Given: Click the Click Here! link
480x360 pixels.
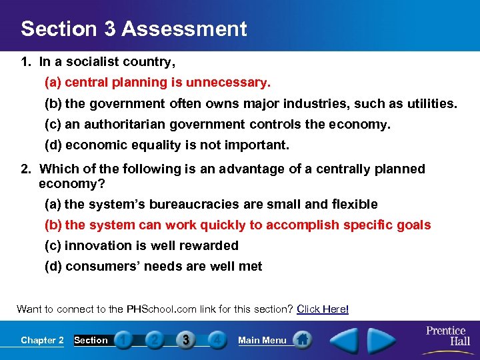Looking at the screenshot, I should tap(323, 309).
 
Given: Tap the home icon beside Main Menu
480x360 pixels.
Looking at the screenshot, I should tap(302, 340).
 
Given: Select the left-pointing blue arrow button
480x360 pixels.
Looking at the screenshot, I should tap(345, 339).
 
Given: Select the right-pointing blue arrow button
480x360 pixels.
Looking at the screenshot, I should tap(381, 339).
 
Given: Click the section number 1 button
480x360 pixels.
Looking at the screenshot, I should tap(123, 340).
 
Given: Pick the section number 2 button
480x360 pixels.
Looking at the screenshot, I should tap(155, 340).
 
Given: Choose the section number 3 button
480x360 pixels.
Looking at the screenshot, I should tap(186, 340).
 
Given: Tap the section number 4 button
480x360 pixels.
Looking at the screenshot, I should tap(217, 340).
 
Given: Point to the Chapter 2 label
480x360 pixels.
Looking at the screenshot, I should tap(42, 340).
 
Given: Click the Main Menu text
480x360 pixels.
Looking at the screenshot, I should tap(262, 340).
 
